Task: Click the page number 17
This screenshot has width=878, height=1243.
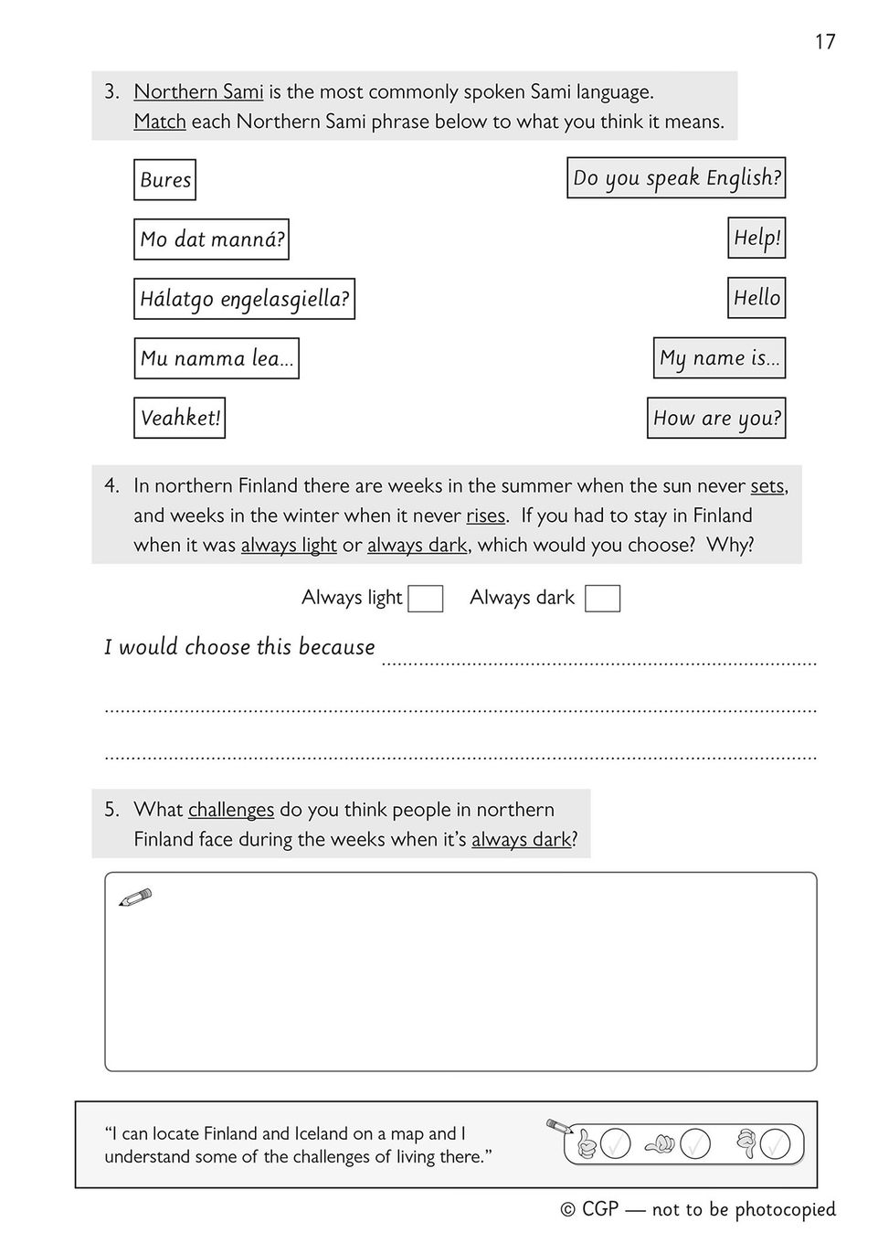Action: tap(824, 42)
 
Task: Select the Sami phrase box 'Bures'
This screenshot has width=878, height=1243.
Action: tap(164, 179)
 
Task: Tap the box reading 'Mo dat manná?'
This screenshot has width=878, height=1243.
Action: tap(211, 239)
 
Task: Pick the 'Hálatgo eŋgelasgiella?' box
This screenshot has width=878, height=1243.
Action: tap(244, 299)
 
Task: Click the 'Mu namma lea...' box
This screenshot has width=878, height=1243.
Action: tap(217, 358)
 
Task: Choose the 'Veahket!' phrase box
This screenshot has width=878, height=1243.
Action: tap(179, 418)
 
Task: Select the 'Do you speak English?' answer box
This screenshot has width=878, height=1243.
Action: tap(676, 178)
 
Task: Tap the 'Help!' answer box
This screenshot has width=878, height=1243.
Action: tap(756, 238)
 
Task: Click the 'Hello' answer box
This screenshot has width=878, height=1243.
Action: tap(756, 298)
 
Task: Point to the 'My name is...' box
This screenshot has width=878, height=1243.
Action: tap(719, 358)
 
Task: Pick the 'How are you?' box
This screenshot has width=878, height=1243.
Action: tap(716, 418)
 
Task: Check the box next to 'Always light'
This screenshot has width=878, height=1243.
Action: tap(426, 599)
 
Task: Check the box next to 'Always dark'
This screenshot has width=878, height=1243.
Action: tap(602, 599)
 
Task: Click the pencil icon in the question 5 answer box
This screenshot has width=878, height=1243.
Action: tap(135, 898)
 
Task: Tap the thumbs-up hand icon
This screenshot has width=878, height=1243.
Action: tap(586, 1143)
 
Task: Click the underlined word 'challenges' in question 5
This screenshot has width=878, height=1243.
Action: tap(231, 810)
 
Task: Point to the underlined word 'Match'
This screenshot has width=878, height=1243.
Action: tap(160, 122)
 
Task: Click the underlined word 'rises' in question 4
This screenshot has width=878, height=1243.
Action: tap(485, 516)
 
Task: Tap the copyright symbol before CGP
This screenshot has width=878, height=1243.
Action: tap(567, 1210)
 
